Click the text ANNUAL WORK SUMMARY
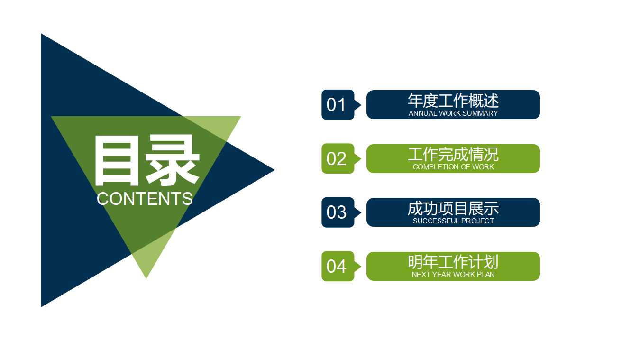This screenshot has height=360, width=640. point(453,113)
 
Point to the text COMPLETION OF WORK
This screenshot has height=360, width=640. point(453,167)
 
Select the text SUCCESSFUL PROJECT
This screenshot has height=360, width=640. point(453,221)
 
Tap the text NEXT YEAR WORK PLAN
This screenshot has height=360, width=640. point(453,275)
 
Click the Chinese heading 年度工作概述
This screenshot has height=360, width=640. point(453,101)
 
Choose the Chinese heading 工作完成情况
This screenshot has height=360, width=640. point(453,154)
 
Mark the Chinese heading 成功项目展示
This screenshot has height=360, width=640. point(453,208)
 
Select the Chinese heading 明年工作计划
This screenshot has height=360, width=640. point(453,262)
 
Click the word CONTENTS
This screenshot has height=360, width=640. point(145,199)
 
